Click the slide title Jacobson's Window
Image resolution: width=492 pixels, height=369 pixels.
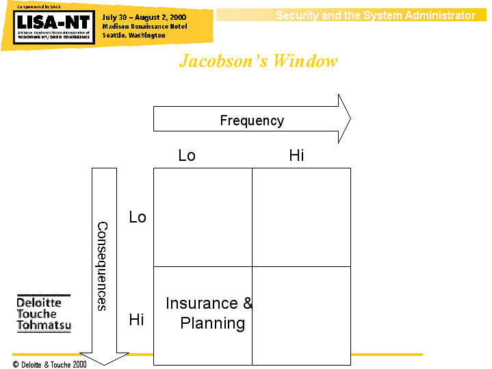(258, 61)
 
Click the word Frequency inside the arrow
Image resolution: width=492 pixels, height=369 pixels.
(252, 120)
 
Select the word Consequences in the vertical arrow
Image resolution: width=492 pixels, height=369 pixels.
(102, 266)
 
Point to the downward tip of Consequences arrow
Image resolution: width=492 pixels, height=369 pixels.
(104, 362)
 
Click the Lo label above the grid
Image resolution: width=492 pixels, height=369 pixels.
(187, 155)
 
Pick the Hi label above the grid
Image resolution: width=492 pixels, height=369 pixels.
(296, 155)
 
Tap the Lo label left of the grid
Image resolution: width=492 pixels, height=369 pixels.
(138, 217)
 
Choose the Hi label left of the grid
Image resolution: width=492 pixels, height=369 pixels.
(137, 320)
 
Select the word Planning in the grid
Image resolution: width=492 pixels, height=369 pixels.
(213, 323)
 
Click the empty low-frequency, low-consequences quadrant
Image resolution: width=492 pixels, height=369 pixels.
(203, 217)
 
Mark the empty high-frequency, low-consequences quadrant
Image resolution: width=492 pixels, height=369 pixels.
(301, 217)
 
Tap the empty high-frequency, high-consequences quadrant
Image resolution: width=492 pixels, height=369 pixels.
(301, 316)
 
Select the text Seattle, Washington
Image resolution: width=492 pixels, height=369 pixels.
(134, 35)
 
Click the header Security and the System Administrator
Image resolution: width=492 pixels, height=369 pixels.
(375, 15)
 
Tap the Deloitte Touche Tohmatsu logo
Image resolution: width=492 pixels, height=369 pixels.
(44, 314)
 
